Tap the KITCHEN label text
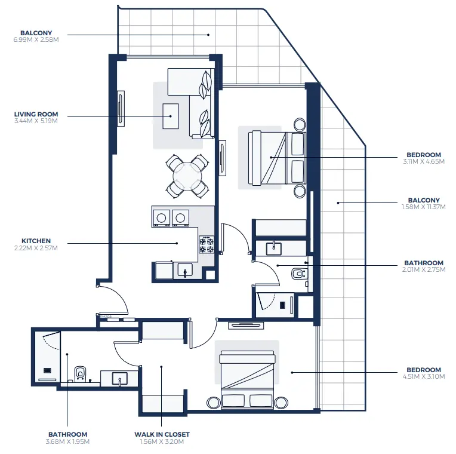pyautogui.click(x=36, y=241)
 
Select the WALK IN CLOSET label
pyautogui.click(x=161, y=434)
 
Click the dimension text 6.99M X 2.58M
pyautogui.click(x=36, y=39)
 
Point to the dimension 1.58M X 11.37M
pyautogui.click(x=424, y=207)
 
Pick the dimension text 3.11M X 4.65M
pyautogui.click(x=424, y=161)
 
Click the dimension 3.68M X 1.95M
pyautogui.click(x=68, y=441)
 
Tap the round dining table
pyautogui.click(x=187, y=176)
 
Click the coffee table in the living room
pyautogui.click(x=171, y=116)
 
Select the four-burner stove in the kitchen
pyautogui.click(x=207, y=243)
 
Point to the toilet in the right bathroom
pyautogui.click(x=298, y=274)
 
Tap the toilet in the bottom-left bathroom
pyautogui.click(x=80, y=373)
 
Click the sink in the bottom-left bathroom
pyautogui.click(x=120, y=378)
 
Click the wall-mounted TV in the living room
pyautogui.click(x=121, y=109)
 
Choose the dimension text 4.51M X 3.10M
pyautogui.click(x=424, y=376)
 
